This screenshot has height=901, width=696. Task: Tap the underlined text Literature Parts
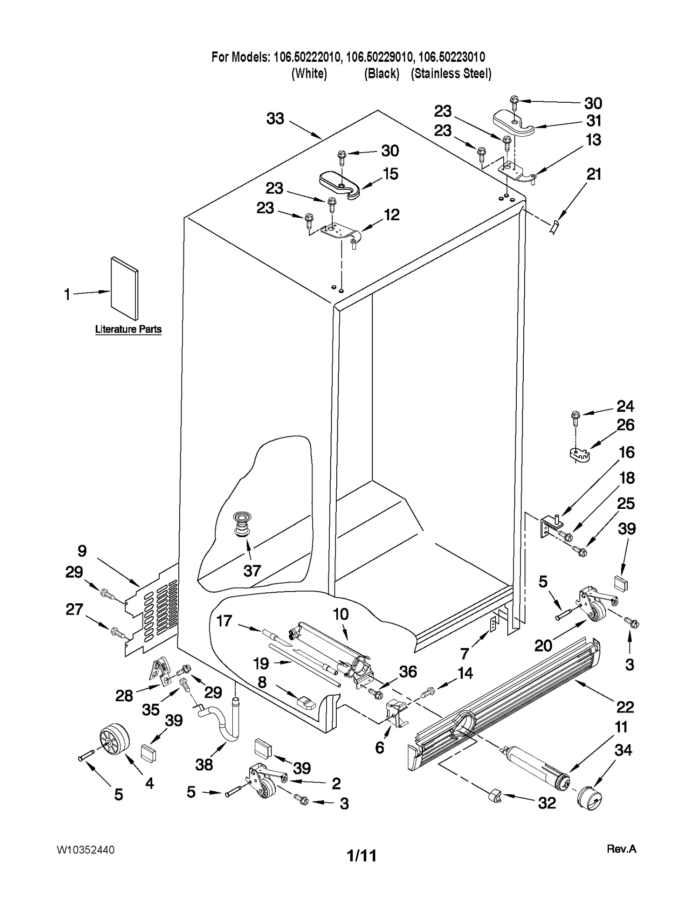[128, 329]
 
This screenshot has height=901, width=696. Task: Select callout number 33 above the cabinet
[275, 119]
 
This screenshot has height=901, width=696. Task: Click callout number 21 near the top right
[594, 175]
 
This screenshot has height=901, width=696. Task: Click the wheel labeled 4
[114, 740]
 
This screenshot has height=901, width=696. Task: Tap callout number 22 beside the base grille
[625, 706]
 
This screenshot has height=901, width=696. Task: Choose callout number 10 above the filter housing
[341, 614]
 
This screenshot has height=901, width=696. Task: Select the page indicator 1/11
[361, 856]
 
